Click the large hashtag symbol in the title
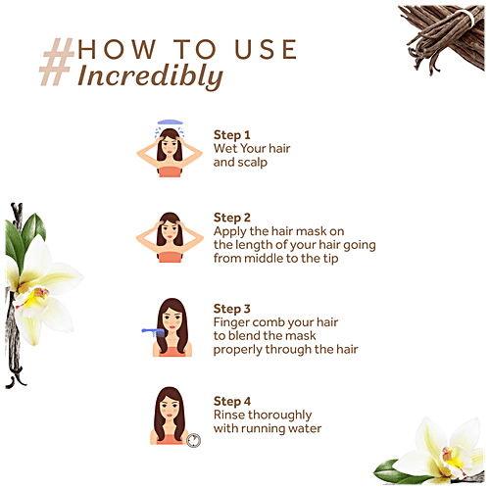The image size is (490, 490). coord(56,62)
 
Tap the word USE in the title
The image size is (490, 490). coord(266,49)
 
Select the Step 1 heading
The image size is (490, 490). coord(231,134)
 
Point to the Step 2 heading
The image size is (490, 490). coord(232,218)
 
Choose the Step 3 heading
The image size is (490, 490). coord(232,309)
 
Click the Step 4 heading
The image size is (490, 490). coord(232,401)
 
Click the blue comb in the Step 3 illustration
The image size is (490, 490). coord(153,332)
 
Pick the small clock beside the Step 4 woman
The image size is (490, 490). coord(193,440)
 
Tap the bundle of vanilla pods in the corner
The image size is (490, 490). coord(445,37)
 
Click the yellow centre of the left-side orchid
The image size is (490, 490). coord(33,297)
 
